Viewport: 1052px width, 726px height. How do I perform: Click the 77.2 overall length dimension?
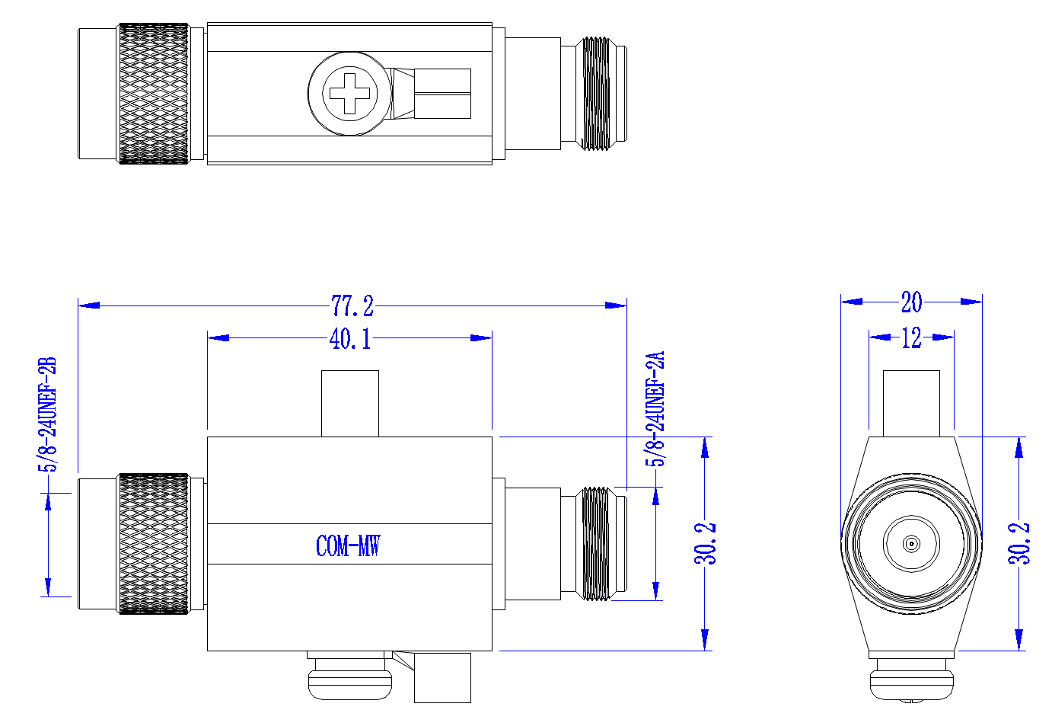pyautogui.click(x=352, y=306)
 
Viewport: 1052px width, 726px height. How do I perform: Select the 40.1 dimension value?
pyautogui.click(x=350, y=338)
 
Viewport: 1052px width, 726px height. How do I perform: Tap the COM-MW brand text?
pyautogui.click(x=348, y=545)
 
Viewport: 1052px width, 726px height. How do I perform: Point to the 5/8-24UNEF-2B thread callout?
pyautogui.click(x=47, y=414)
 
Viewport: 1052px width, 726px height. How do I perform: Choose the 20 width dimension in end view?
pyautogui.click(x=912, y=302)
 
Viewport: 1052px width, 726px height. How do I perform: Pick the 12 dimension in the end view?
pyautogui.click(x=912, y=337)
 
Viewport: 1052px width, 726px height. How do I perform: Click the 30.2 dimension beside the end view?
pyautogui.click(x=1019, y=543)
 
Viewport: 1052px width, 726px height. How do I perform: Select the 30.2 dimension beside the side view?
pyautogui.click(x=705, y=543)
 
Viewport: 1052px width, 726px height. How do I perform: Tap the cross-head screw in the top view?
pyautogui.click(x=350, y=94)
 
